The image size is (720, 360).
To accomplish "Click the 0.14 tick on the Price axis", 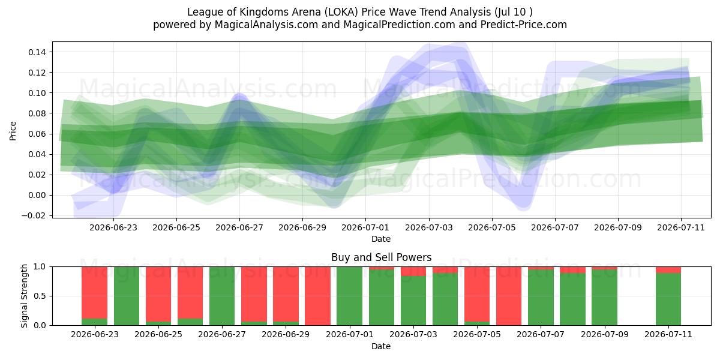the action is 37,52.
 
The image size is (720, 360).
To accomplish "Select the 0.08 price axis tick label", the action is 37,113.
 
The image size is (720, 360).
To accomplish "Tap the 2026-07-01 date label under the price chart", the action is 365,227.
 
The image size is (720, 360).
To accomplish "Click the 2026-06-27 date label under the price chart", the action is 239,227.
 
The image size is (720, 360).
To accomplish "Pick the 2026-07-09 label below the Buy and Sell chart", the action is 605,334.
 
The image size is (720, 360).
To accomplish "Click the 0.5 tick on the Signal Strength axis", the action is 40,296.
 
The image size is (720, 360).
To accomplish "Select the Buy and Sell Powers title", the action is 381,257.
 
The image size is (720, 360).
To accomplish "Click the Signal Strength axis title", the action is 25,296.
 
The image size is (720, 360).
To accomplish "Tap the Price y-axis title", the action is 13,131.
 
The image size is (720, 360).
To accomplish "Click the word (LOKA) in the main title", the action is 341,12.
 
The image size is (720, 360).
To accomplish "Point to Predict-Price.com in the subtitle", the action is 524,25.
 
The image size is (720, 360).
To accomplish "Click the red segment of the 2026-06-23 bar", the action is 95,293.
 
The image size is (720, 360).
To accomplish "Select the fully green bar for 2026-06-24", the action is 127,296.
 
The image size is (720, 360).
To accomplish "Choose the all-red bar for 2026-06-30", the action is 317,296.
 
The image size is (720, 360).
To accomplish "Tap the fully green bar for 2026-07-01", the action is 349,296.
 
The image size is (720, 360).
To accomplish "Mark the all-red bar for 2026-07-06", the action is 509,296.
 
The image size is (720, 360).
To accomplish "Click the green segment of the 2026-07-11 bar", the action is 668,299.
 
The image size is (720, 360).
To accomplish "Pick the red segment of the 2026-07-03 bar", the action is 413,271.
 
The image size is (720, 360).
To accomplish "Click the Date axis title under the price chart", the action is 381,239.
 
